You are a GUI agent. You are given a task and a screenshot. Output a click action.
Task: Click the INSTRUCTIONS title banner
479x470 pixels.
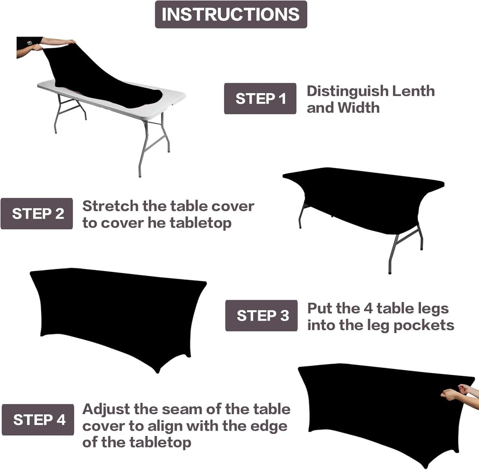[231, 14]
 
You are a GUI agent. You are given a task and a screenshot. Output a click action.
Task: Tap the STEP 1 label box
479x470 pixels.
[260, 99]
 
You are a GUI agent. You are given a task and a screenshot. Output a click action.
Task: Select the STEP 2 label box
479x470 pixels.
[37, 214]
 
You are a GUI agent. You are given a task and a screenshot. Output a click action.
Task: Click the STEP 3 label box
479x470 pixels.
[261, 316]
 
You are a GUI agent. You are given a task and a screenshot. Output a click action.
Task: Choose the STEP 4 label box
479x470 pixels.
[38, 419]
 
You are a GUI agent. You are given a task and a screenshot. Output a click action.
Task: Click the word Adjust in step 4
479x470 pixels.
[106, 409]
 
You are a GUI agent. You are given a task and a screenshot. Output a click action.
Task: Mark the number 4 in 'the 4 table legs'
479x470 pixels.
[368, 308]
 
